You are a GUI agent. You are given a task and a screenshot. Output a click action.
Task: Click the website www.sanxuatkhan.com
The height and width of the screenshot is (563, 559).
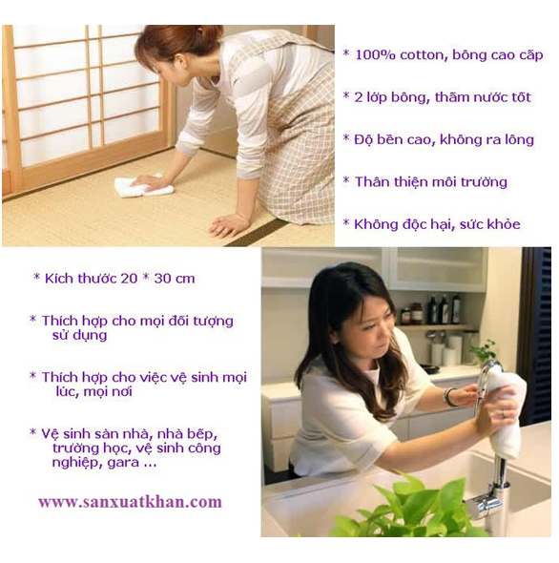(x=130, y=502)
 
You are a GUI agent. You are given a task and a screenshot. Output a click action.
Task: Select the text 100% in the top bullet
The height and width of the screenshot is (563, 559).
(x=375, y=55)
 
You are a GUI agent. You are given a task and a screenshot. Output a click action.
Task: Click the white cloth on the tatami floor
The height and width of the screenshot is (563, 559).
(x=143, y=186)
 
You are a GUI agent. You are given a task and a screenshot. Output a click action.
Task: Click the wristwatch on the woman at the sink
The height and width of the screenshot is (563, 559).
(x=448, y=398)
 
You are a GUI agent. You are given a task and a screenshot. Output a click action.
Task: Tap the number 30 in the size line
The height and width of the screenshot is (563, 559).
(x=161, y=279)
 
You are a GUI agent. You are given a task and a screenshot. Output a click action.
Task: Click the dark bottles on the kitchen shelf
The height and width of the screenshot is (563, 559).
(x=445, y=309)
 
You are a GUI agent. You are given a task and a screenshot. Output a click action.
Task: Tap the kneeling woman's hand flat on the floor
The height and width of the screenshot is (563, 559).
(x=229, y=224)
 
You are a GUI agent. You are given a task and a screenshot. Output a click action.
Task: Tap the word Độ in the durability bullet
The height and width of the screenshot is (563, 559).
(x=362, y=139)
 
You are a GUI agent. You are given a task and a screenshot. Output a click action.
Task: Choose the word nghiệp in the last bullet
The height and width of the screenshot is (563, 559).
(x=74, y=463)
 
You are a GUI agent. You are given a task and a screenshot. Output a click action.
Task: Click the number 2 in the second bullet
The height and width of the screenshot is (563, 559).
(x=359, y=97)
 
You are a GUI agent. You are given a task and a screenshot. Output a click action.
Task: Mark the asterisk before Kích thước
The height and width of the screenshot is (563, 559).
(x=36, y=277)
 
